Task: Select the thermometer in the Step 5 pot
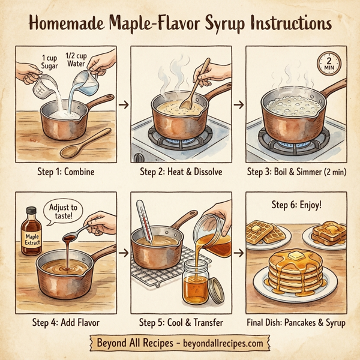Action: pos(142,221)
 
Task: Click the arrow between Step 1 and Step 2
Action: pos(124,106)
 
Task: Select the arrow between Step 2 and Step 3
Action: pos(239,106)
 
